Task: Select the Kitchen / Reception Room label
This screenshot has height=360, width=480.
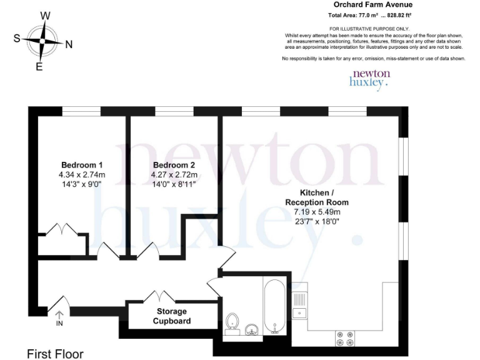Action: [317, 197]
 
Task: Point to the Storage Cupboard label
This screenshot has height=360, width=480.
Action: [172, 316]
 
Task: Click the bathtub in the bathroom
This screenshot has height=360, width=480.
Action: [275, 307]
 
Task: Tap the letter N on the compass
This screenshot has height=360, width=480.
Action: [69, 44]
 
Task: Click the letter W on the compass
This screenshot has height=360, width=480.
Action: [45, 16]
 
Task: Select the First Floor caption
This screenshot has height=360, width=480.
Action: [55, 354]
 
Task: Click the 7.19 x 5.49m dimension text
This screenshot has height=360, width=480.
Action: [317, 212]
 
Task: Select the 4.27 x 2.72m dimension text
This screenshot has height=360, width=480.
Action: [175, 175]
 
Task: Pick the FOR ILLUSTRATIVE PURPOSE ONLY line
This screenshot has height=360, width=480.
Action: [369, 29]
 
